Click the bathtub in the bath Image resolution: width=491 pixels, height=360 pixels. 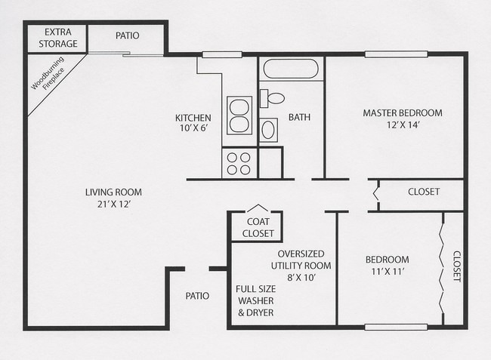pyautogui.click(x=291, y=69)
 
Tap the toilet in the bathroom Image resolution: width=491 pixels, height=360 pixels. pyautogui.click(x=272, y=98)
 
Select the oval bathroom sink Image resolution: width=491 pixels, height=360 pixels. pyautogui.click(x=268, y=130)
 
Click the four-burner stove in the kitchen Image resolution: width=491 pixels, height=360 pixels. pyautogui.click(x=239, y=163)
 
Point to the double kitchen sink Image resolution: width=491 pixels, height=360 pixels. pyautogui.click(x=239, y=115)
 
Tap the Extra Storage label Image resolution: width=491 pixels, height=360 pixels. pyautogui.click(x=58, y=38)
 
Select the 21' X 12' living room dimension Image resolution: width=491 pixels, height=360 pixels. pyautogui.click(x=113, y=205)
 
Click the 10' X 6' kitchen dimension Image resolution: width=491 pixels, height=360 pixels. pyautogui.click(x=194, y=128)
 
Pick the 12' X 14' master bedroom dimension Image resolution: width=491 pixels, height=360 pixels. pyautogui.click(x=403, y=125)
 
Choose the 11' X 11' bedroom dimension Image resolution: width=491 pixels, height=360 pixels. pyautogui.click(x=388, y=272)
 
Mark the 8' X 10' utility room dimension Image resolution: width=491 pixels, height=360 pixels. pyautogui.click(x=301, y=277)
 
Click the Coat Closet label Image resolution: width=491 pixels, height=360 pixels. pyautogui.click(x=258, y=227)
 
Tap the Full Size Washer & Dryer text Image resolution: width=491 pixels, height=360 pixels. pyautogui.click(x=256, y=300)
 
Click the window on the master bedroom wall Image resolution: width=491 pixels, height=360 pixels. pyautogui.click(x=396, y=54)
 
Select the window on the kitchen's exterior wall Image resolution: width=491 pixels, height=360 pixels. pyautogui.click(x=222, y=55)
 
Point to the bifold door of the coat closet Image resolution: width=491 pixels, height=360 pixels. pyautogui.click(x=258, y=208)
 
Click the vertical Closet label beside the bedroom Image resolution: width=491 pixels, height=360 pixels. pyautogui.click(x=457, y=266)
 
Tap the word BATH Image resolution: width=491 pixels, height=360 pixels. pyautogui.click(x=299, y=117)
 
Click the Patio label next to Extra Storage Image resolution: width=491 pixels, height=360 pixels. pyautogui.click(x=128, y=35)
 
